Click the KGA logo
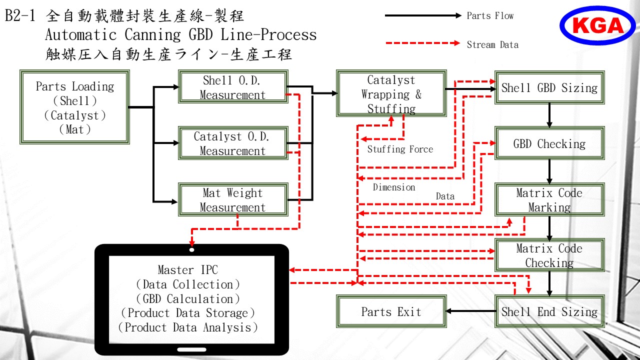tap(597, 25)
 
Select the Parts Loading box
tap(74, 107)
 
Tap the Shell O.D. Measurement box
tap(233, 86)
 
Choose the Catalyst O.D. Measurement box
tap(233, 143)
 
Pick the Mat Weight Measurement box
tap(233, 199)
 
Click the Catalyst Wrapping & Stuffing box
tap(391, 93)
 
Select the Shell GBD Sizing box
tap(549, 87)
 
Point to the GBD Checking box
tap(549, 143)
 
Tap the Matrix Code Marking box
tap(549, 199)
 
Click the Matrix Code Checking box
tap(549, 255)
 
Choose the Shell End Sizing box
tap(549, 311)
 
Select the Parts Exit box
tap(391, 311)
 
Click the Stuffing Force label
tap(400, 149)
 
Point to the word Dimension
tap(393, 187)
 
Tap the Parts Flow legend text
tap(490, 15)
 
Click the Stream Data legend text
tap(492, 44)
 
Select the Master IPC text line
tap(187, 269)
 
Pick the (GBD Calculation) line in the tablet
tap(187, 299)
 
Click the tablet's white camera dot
tap(192, 250)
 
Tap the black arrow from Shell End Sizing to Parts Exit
tap(471, 311)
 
